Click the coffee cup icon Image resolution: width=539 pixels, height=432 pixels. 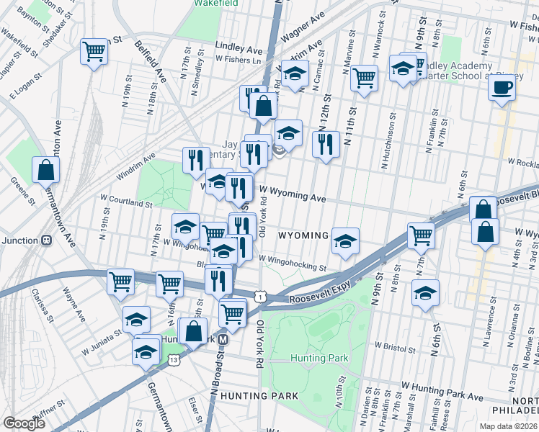coord(502,88)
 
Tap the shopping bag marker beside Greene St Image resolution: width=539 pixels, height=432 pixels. coord(45,170)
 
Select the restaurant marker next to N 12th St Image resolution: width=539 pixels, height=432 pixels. coord(326,143)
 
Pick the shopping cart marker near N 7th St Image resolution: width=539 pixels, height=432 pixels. coord(420,234)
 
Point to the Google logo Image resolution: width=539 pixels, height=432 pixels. coord(24,423)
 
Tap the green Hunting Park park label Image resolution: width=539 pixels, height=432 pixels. coord(319,358)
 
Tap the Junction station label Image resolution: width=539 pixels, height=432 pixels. coord(19,240)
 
